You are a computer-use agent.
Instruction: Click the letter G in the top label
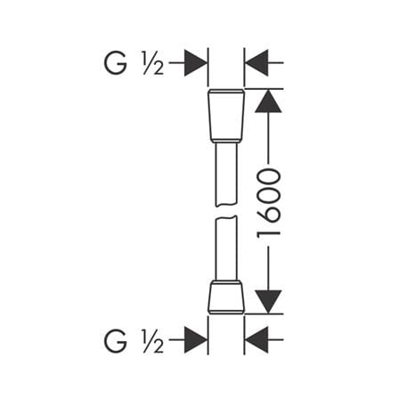pos(116,63)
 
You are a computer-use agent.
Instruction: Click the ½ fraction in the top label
pos(153,63)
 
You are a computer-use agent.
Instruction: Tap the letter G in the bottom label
pos(116,341)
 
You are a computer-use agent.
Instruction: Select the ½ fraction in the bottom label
pos(153,341)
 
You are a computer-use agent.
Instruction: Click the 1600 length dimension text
pos(269,203)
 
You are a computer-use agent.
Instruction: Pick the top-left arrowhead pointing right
pos(195,63)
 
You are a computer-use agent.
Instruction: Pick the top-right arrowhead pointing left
pos(257,63)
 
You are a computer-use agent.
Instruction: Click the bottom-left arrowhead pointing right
pos(195,340)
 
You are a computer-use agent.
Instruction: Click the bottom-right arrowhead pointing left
pos(257,340)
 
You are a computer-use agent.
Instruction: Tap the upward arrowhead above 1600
pos(268,102)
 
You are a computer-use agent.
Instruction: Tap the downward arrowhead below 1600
pos(268,302)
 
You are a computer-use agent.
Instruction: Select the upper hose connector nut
pos(226,115)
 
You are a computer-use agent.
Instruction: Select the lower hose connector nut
pos(226,296)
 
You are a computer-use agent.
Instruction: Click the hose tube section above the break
pos(226,174)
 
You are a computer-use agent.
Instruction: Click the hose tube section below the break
pos(226,248)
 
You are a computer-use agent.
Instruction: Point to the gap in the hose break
pos(226,211)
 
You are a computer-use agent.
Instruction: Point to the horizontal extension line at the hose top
pos(264,89)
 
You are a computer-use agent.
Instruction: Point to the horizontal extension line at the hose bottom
pos(264,313)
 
